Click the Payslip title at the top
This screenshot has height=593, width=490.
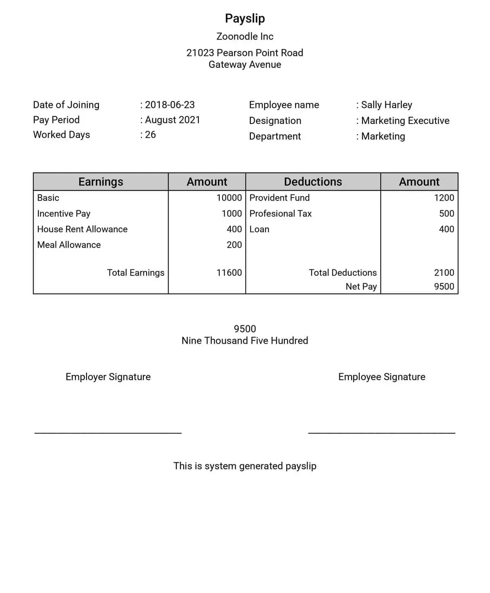[x=245, y=18]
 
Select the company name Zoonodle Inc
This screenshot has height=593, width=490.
[x=245, y=36]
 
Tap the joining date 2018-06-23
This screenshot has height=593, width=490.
[x=169, y=105]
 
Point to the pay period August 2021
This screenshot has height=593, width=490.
[x=172, y=120]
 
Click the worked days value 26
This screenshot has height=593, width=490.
[x=150, y=134]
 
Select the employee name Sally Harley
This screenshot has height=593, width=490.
[x=386, y=105]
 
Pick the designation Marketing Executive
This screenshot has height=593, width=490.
[x=405, y=121]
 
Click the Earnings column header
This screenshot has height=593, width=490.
[x=100, y=181]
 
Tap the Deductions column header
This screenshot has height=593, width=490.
[x=313, y=181]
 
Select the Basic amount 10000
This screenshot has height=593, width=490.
[x=229, y=198]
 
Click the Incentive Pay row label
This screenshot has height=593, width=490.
[x=64, y=213]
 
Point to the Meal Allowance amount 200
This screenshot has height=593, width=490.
[x=234, y=245]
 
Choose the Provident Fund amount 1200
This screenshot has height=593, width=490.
[x=444, y=198]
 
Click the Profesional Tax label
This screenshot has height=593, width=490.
[x=281, y=213]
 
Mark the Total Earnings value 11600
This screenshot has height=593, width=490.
[x=229, y=273]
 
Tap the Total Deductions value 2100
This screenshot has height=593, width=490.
[x=444, y=273]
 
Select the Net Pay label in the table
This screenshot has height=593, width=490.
[x=361, y=286]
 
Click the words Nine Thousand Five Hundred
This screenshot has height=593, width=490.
[x=245, y=340]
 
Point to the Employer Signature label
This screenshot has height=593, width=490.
[x=108, y=377]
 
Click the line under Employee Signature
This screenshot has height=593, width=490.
[x=381, y=433]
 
